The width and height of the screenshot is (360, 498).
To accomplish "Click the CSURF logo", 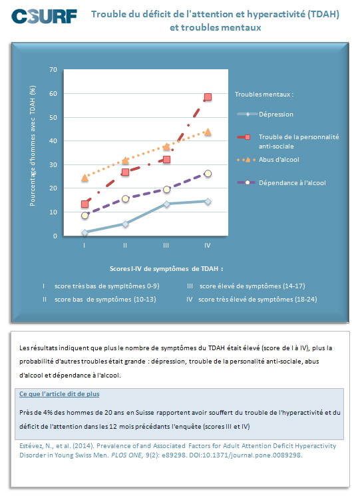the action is (x=44, y=16).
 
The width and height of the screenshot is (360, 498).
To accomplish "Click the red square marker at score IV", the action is (x=208, y=97).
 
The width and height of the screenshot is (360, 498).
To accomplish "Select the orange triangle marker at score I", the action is (x=85, y=178).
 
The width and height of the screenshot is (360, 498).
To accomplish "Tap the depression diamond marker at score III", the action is (x=166, y=204).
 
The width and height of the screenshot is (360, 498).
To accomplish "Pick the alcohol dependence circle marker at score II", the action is (x=125, y=199).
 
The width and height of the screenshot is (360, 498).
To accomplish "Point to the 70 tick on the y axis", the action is (x=53, y=69).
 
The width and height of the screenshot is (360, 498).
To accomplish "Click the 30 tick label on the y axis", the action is (x=53, y=164).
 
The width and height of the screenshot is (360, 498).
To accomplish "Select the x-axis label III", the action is (x=166, y=246).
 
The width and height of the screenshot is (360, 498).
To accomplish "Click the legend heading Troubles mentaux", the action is (x=263, y=95).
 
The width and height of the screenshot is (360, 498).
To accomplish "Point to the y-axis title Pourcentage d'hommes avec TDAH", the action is (x=33, y=146).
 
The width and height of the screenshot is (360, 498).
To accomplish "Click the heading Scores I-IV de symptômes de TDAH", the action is (x=166, y=269).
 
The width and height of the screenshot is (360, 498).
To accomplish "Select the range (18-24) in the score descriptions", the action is (x=305, y=299).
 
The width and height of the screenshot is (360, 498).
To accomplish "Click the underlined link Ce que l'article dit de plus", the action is (x=59, y=394).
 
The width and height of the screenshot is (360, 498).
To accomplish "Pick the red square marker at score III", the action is (x=166, y=159).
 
